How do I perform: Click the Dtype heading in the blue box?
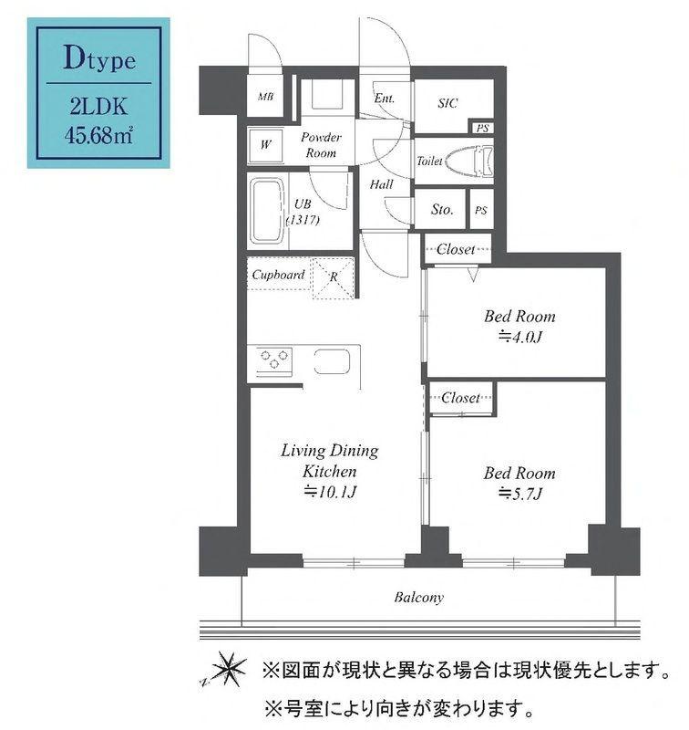click(x=99, y=61)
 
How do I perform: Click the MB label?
click(x=265, y=98)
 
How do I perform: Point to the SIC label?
click(x=447, y=103)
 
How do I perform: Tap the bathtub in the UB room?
click(x=267, y=211)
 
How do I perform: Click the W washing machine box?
click(x=265, y=144)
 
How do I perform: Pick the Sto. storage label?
click(x=442, y=210)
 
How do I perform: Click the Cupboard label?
click(x=278, y=275)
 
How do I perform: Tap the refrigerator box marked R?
click(x=334, y=276)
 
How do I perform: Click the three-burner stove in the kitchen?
click(x=273, y=360)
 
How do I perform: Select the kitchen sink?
click(x=332, y=360)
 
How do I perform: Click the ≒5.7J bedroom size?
click(x=519, y=494)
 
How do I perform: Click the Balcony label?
click(x=419, y=599)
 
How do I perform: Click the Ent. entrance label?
click(x=384, y=98)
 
